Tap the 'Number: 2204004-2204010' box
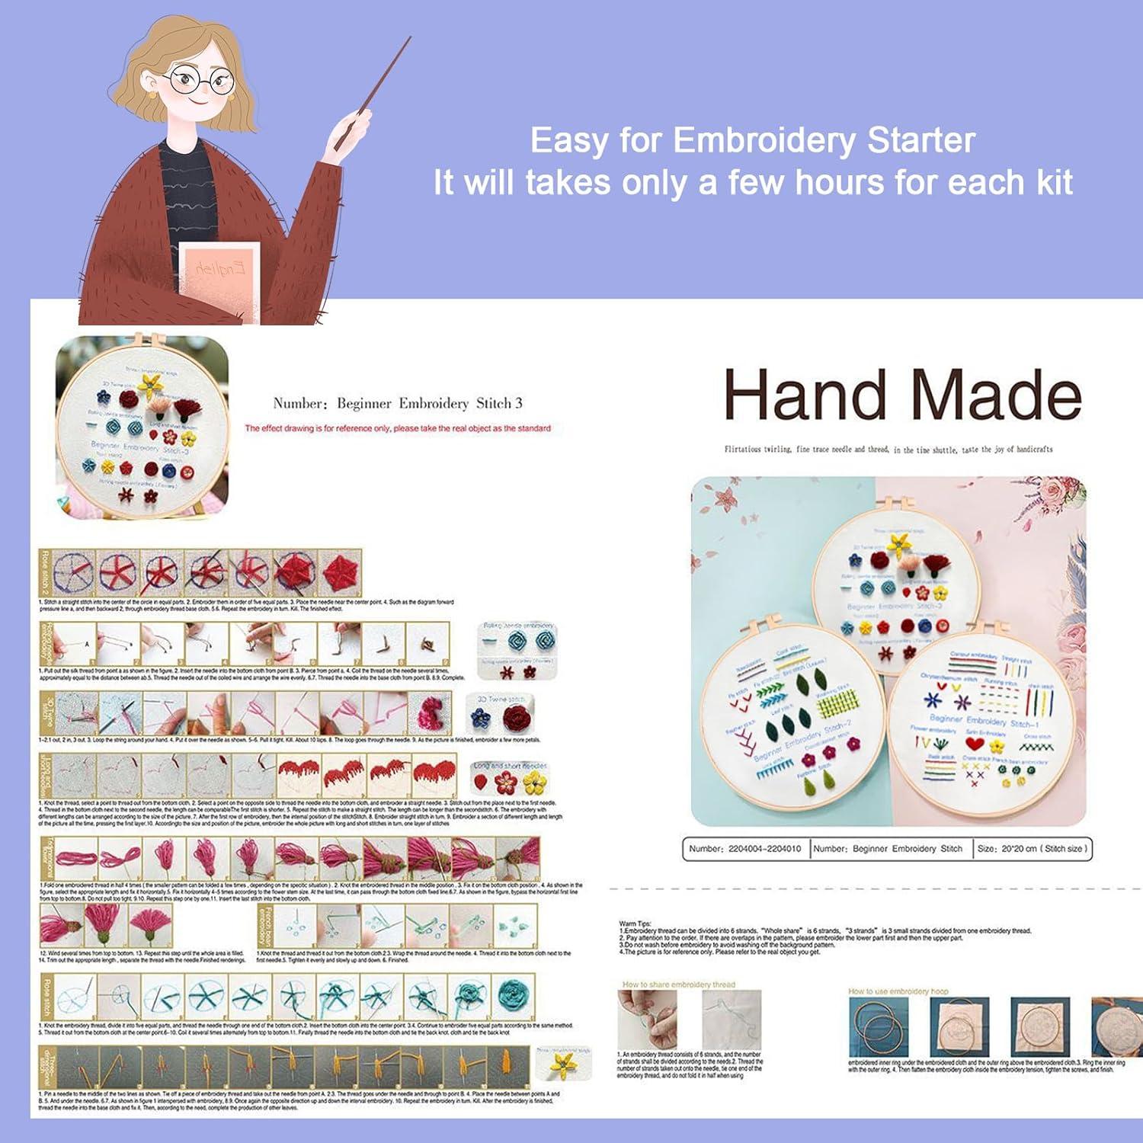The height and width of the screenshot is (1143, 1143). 744,848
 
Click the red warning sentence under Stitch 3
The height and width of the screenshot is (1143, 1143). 397,428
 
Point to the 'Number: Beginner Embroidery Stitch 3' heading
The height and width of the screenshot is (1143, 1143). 397,404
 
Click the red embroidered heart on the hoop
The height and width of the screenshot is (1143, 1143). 975,744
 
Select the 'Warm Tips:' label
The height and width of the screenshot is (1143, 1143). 636,924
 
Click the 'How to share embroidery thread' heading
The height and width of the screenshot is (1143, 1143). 678,985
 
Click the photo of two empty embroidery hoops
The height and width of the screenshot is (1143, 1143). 880,1026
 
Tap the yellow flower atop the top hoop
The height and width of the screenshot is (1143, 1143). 899,543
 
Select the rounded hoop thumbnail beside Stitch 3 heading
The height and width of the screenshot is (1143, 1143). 142,427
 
